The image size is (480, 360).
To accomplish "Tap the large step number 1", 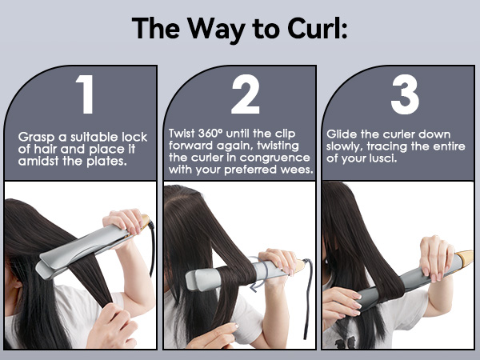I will pos(86,96).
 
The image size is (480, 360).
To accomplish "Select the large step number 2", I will pos(245,96).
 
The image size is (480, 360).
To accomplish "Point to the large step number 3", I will pos(405,96).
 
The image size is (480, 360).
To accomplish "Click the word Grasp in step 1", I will pos(38,136).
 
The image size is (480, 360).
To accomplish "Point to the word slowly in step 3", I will pos(347,146).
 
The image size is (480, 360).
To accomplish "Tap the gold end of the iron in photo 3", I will pos(464,258).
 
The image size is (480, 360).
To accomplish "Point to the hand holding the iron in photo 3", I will pos(436,256).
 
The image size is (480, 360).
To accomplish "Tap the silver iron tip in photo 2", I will pos(196,280).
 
